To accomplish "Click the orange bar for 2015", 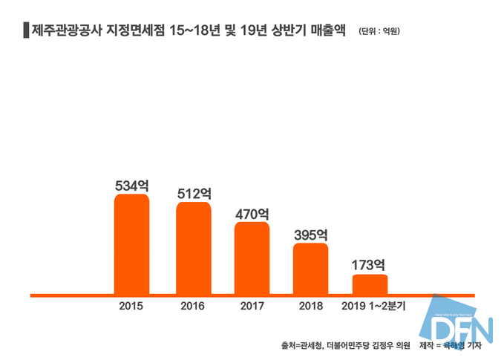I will pyautogui.click(x=131, y=244).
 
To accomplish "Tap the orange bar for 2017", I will pyautogui.click(x=252, y=258).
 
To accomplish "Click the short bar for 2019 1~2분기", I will pyautogui.click(x=370, y=284).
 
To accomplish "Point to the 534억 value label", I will pyautogui.click(x=132, y=186).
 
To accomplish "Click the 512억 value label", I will pyautogui.click(x=194, y=194).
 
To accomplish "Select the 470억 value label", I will pyautogui.click(x=252, y=213).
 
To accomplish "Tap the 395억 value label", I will pyautogui.click(x=310, y=235).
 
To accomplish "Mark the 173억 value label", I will pyautogui.click(x=369, y=265).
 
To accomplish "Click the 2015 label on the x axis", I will pyautogui.click(x=131, y=306).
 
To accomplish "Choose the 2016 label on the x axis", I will pyautogui.click(x=193, y=306).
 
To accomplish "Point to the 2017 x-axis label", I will pyautogui.click(x=252, y=306).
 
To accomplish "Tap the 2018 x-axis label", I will pyautogui.click(x=310, y=306).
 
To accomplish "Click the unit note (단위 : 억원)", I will pyautogui.click(x=379, y=31).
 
